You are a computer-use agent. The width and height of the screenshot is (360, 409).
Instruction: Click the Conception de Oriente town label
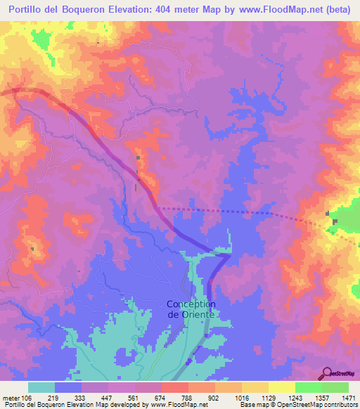(x=191, y=309)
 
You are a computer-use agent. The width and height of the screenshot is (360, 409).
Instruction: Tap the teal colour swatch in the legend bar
(x=41, y=387)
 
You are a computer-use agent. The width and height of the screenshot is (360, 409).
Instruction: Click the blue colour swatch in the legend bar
(x=68, y=387)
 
